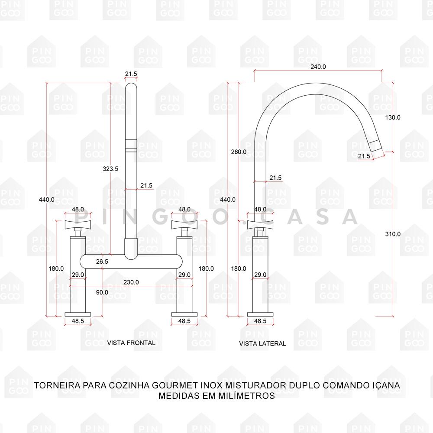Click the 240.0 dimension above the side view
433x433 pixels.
tap(318, 67)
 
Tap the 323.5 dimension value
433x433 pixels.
tap(110, 168)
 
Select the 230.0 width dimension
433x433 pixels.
tap(131, 282)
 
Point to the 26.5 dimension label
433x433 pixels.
tap(102, 261)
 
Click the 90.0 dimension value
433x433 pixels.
tap(102, 292)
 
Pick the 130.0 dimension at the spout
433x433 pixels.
tap(393, 117)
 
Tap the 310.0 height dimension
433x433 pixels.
tap(393, 234)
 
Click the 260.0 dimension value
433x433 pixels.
tap(239, 152)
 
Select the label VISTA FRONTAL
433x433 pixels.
tap(131, 343)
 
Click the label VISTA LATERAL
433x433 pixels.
tap(262, 343)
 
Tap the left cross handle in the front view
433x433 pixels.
tap(78, 225)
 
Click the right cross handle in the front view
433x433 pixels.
tap(184, 225)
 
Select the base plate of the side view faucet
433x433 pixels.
tap(260, 314)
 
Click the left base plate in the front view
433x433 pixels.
tap(78, 314)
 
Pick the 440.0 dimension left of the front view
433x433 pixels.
tap(47, 199)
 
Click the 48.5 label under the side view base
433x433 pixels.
tap(260, 321)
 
